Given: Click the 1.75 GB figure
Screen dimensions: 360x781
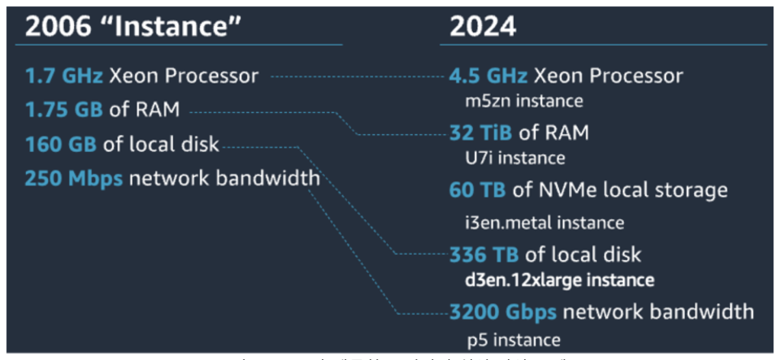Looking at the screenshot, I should tap(64, 109).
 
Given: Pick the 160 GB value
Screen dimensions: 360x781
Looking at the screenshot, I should tap(63, 143).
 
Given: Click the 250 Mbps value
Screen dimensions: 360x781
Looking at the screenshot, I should tap(73, 178).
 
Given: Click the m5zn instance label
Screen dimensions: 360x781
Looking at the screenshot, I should tap(524, 100).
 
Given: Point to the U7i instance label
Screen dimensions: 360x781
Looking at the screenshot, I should tap(516, 159).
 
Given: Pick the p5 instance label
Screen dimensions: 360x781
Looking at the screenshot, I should tap(513, 339).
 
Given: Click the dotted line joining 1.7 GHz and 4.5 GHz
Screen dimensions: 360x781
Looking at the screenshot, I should tap(358, 76).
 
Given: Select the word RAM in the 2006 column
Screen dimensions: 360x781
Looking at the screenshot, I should tap(158, 109).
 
